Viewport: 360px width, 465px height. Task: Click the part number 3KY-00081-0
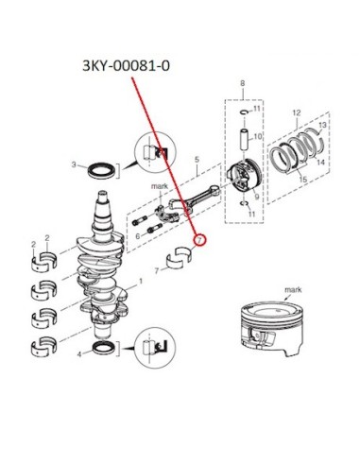pos(126,66)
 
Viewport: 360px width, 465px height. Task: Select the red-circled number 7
pos(199,240)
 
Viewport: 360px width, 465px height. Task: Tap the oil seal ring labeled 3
pos(101,170)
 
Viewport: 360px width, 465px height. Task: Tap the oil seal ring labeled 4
pos(104,348)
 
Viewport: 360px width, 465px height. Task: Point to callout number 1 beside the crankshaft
pos(141,281)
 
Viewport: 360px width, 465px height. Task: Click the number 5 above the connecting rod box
pos(197,160)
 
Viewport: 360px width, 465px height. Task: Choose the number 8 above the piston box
pos(242,84)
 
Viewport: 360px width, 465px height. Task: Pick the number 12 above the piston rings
pos(297,112)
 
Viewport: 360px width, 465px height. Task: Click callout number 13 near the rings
pos(322,126)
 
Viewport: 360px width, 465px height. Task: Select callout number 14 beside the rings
pos(320,163)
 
